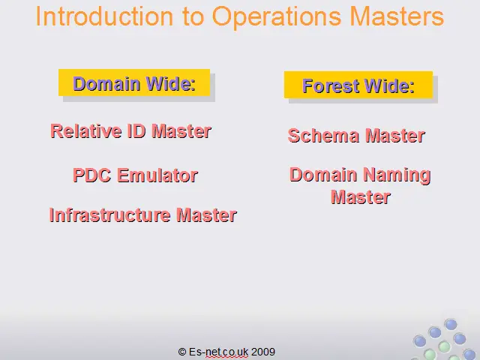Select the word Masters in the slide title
coord(397,16)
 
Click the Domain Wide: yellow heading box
coord(134,82)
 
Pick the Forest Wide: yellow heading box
coord(358,85)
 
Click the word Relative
coord(86,131)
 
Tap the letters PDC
coord(91,175)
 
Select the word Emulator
coord(157,175)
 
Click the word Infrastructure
coord(109,215)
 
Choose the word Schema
coord(323,136)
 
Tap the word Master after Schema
coord(395,136)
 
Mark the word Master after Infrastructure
coord(206,215)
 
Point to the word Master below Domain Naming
coord(361,196)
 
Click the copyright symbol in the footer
coord(182,352)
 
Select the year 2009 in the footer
coord(263,352)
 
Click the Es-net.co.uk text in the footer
coord(218,352)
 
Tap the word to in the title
coord(193,16)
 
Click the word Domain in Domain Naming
coord(323,175)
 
